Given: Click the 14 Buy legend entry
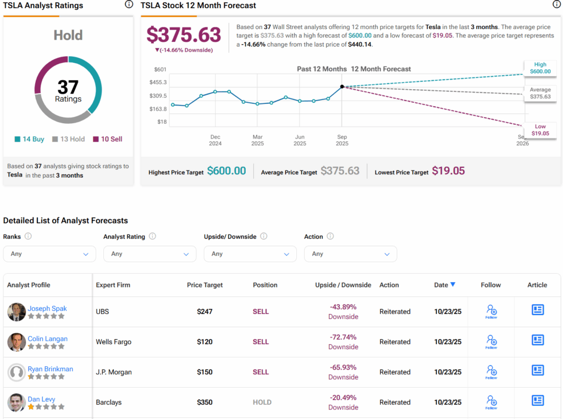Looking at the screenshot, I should (30, 139).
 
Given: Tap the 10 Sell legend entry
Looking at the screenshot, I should (108, 139).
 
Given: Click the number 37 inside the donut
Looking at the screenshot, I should (68, 87).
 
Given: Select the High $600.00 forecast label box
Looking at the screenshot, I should (540, 68).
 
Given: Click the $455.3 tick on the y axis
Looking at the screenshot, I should (158, 82).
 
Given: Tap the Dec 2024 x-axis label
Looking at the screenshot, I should (215, 140).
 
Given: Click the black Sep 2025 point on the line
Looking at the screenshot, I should (342, 86).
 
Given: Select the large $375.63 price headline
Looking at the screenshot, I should (184, 35).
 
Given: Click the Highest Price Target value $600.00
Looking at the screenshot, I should (227, 171).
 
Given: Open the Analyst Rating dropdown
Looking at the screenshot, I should (149, 254).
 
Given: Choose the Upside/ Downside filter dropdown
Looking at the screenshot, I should (250, 254).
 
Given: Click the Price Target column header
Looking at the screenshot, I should (205, 285).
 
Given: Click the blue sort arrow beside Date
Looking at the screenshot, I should (452, 285).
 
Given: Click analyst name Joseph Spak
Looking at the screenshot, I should (47, 308).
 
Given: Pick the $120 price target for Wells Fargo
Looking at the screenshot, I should (205, 342).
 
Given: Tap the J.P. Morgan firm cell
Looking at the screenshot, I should (114, 372).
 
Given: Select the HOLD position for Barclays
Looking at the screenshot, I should (262, 403).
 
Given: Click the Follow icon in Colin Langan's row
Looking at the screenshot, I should (491, 341).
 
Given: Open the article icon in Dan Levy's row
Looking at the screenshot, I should (538, 400).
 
